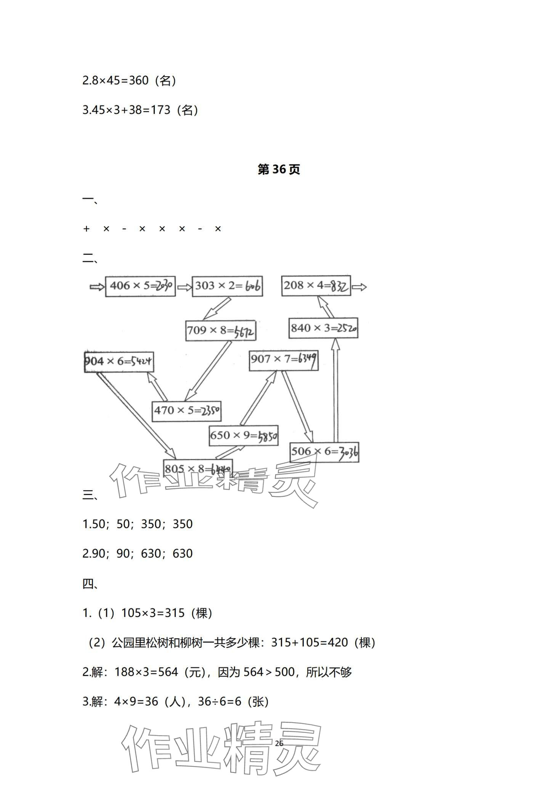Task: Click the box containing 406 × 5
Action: pyautogui.click(x=140, y=286)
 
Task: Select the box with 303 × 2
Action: pyautogui.click(x=227, y=286)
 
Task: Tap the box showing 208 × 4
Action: pyautogui.click(x=316, y=286)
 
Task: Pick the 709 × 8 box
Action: pyautogui.click(x=221, y=331)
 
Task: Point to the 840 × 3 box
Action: pyautogui.click(x=323, y=328)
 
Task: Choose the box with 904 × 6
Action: pyautogui.click(x=119, y=361)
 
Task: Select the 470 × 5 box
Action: pyautogui.click(x=186, y=411)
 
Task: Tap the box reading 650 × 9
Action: pyautogui.click(x=244, y=436)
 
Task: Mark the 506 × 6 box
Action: pyautogui.click(x=324, y=452)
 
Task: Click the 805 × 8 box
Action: pyautogui.click(x=198, y=468)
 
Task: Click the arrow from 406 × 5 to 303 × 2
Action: pyautogui.click(x=184, y=287)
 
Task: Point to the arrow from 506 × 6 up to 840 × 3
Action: pyautogui.click(x=335, y=391)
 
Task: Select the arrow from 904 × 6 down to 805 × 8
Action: pyautogui.click(x=136, y=416)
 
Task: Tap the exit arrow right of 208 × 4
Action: pyautogui.click(x=359, y=287)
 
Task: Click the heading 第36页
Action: pyautogui.click(x=279, y=169)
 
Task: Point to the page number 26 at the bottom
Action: pyautogui.click(x=279, y=743)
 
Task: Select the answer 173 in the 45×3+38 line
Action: pyautogui.click(x=160, y=110)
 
